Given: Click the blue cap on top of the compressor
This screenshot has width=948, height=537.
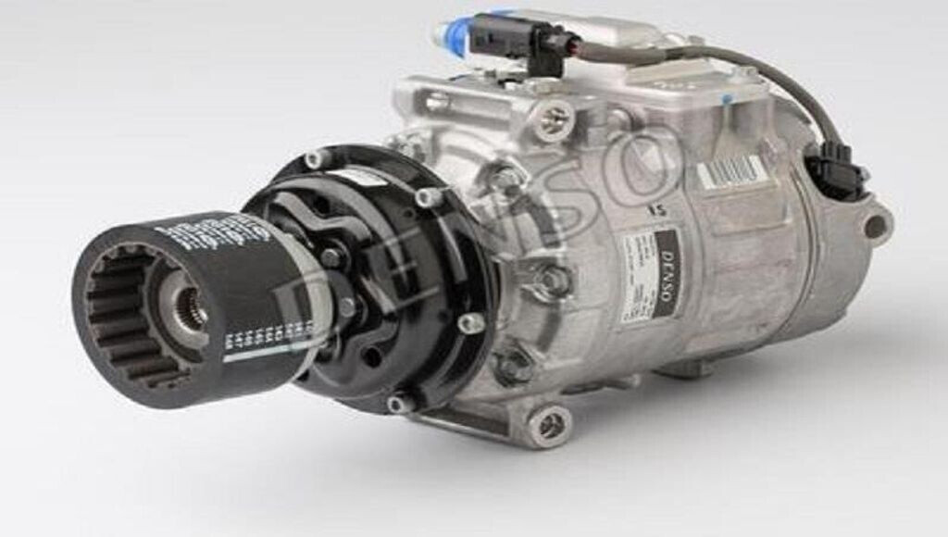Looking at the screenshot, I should pyautogui.click(x=452, y=34).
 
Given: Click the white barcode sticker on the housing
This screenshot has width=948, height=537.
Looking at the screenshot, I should pyautogui.click(x=731, y=172).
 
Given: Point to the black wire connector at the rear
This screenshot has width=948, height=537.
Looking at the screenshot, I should pyautogui.click(x=834, y=173).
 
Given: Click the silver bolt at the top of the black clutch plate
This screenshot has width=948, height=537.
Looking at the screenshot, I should pyautogui.click(x=317, y=158).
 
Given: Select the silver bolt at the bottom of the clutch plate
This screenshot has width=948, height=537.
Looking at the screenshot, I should pyautogui.click(x=398, y=404).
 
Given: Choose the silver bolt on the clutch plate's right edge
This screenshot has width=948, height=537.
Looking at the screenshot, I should pyautogui.click(x=472, y=323).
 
